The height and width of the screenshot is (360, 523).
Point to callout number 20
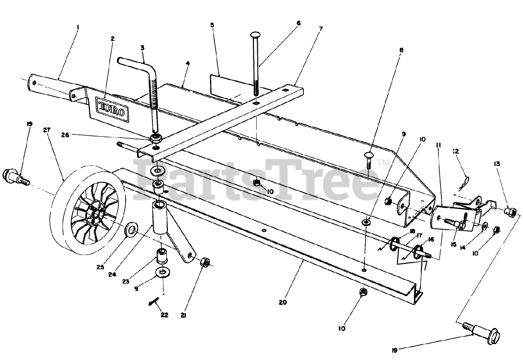pyautogui.click(x=283, y=303)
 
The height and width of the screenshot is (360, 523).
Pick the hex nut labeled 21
pyautogui.click(x=205, y=262)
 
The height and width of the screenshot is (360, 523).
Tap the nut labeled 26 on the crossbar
pyautogui.click(x=155, y=139)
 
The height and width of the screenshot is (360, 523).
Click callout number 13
pyautogui.click(x=497, y=164)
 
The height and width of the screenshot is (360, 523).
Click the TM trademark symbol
pyautogui.click(x=382, y=163)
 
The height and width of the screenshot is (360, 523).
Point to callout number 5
pyautogui.click(x=212, y=25)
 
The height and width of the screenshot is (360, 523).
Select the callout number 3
pyautogui.click(x=142, y=47)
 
